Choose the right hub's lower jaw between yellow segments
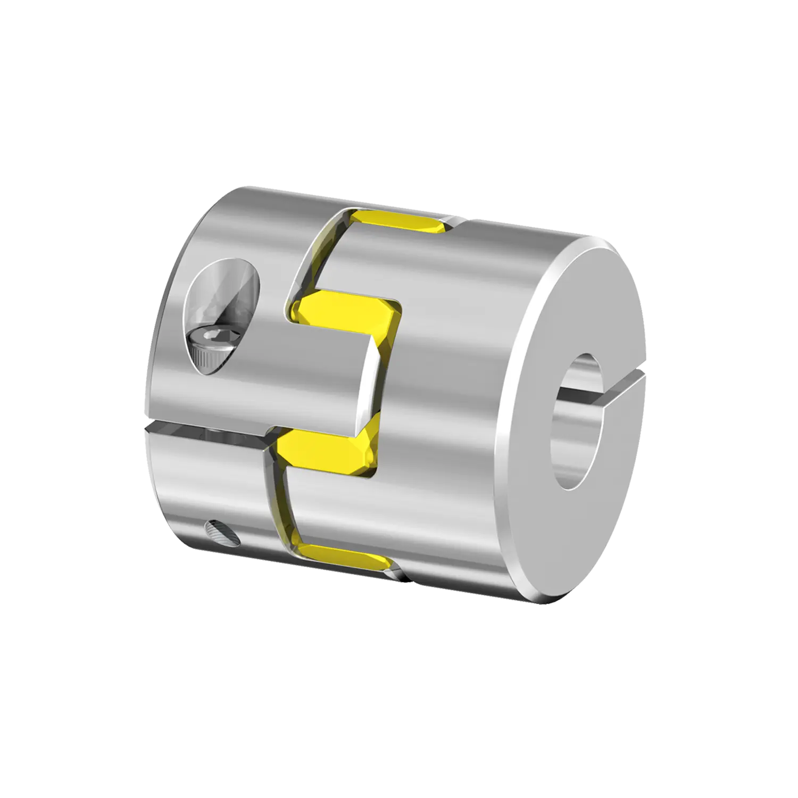340,505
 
